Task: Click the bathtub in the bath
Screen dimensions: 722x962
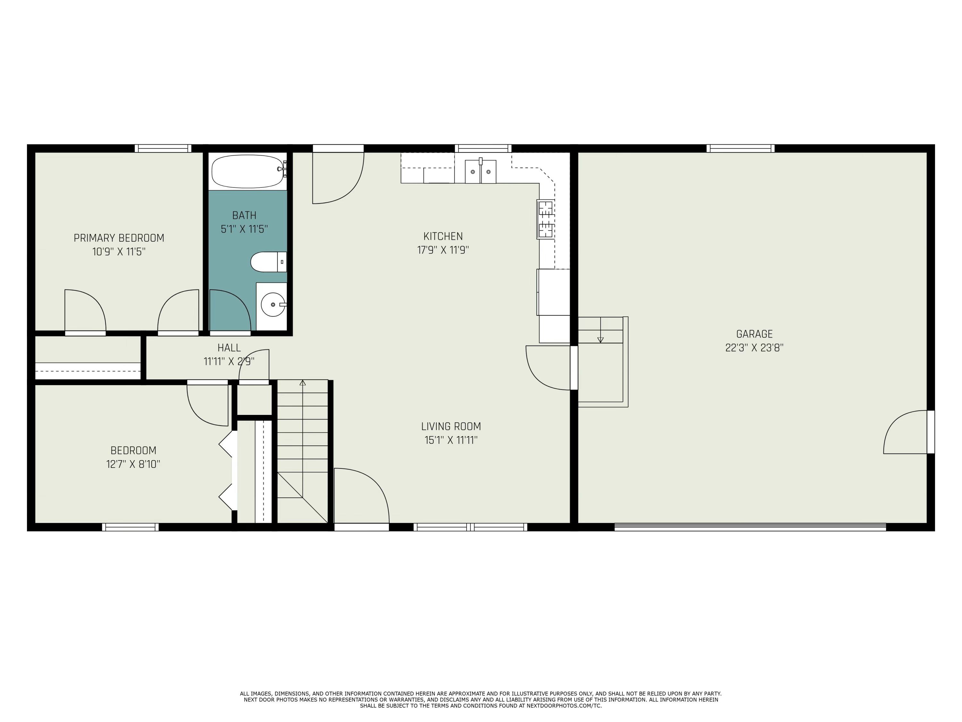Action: coord(247,171)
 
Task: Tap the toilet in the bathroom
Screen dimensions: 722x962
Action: coord(267,262)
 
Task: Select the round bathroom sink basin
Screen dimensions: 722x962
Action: coord(273,305)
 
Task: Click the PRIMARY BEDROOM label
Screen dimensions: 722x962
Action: coord(119,238)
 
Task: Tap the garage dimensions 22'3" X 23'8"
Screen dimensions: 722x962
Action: coord(754,348)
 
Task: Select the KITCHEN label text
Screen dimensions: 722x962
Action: coord(443,236)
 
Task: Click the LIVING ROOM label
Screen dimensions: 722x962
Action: coord(451,426)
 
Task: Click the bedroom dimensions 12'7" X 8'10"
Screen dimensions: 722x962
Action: coord(133,464)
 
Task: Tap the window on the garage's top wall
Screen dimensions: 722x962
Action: coord(740,148)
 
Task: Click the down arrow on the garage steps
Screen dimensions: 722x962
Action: coord(600,340)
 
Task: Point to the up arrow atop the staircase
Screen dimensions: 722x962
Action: coord(303,383)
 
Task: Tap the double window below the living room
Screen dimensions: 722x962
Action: coord(470,527)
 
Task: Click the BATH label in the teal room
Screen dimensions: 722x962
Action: coord(244,215)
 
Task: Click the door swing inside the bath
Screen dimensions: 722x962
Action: coord(229,310)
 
